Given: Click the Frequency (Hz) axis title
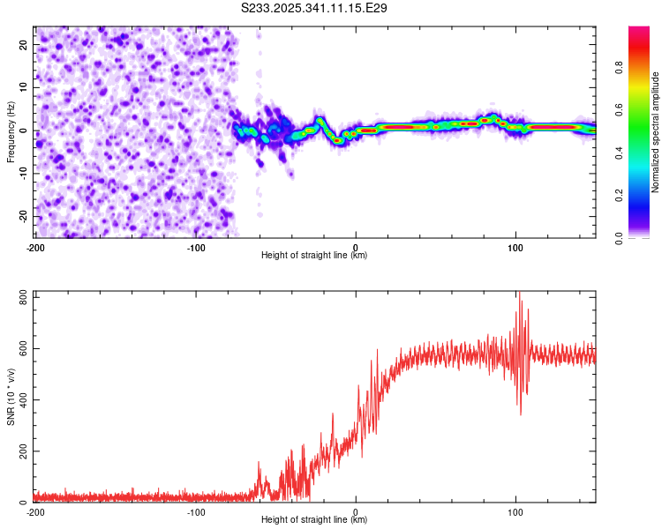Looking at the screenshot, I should [x=11, y=132].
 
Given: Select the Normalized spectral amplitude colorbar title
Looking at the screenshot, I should [x=656, y=132].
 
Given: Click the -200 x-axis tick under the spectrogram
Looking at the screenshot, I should [x=35, y=246].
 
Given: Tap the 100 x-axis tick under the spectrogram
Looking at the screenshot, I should [x=515, y=246].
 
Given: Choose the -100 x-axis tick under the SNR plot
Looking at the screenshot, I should [x=196, y=511].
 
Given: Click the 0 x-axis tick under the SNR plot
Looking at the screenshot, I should [x=356, y=511].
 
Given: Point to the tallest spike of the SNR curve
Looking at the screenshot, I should [x=519, y=294].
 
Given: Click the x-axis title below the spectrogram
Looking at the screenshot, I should [x=315, y=256].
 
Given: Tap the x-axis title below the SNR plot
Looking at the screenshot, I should [x=315, y=521].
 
